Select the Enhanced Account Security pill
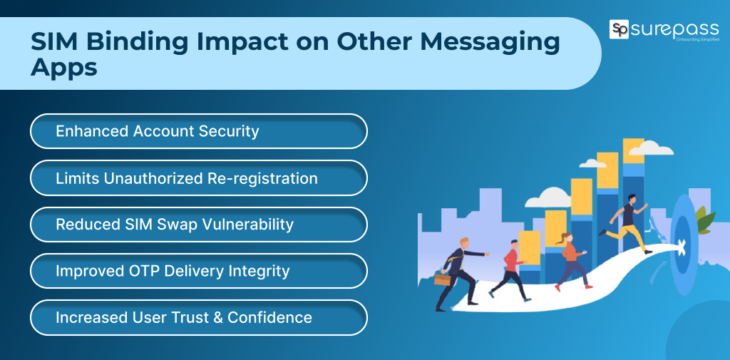pos(198,131)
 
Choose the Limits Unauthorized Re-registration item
pos(198,178)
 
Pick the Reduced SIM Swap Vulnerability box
pos(198,225)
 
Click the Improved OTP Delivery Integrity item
pos(198,271)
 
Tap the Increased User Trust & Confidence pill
pos(198,317)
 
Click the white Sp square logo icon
pos(619,30)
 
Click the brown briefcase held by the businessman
pos(442,279)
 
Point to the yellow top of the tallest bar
pos(633,150)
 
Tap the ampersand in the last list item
pos(217,317)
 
